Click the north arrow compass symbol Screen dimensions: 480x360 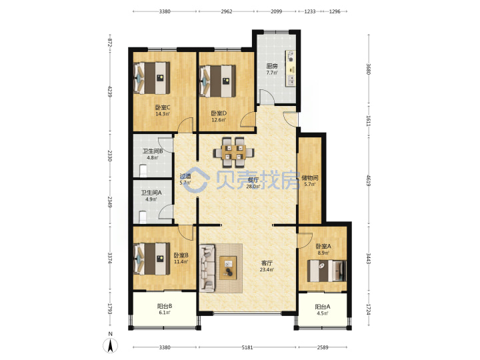pyautogui.click(x=110, y=345)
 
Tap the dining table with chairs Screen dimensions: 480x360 pyautogui.click(x=234, y=153)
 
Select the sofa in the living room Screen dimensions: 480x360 pyautogui.click(x=208, y=268)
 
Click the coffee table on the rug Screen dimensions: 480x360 pyautogui.click(x=228, y=268)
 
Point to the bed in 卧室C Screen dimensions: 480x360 pyautogui.click(x=152, y=78)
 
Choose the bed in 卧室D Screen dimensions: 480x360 pyautogui.click(x=217, y=81)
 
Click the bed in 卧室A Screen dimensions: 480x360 pyautogui.click(x=327, y=271)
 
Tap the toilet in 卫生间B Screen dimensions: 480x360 pyautogui.click(x=143, y=171)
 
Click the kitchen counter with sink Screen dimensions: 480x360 pyautogui.click(x=291, y=68)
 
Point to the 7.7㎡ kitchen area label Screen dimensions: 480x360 pyautogui.click(x=271, y=73)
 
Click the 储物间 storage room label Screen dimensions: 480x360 pyautogui.click(x=309, y=177)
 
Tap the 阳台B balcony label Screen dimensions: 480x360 pyautogui.click(x=165, y=306)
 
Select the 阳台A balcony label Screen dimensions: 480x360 pyautogui.click(x=323, y=307)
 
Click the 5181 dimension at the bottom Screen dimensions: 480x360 pyautogui.click(x=247, y=347)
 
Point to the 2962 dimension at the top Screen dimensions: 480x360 pyautogui.click(x=227, y=11)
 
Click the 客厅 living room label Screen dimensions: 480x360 pyautogui.click(x=267, y=263)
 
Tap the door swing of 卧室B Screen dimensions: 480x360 pyautogui.click(x=186, y=232)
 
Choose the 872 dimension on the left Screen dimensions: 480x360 pyautogui.click(x=109, y=43)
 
